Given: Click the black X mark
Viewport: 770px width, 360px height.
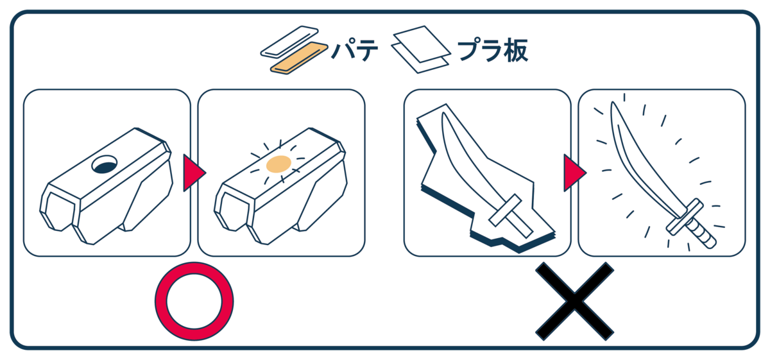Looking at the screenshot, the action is [x=574, y=302].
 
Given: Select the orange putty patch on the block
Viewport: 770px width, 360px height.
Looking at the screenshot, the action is [x=278, y=164].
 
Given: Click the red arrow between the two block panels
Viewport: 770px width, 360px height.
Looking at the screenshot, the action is [x=194, y=173].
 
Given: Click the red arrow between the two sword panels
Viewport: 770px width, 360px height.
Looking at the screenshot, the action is [x=574, y=173].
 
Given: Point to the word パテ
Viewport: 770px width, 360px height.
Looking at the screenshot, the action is [x=355, y=50].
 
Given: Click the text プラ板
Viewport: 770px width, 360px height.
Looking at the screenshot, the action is [x=492, y=51].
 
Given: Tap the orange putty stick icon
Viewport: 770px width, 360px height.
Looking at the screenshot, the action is [x=299, y=58].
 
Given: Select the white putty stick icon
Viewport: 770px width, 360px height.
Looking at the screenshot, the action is [x=289, y=41].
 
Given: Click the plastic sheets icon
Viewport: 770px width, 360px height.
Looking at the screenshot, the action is [x=421, y=49].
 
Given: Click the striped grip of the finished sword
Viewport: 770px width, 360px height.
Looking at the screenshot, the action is [x=701, y=234].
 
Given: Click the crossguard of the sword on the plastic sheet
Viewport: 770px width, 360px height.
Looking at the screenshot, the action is [x=505, y=210].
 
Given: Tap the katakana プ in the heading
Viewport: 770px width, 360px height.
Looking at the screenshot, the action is [x=468, y=50].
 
